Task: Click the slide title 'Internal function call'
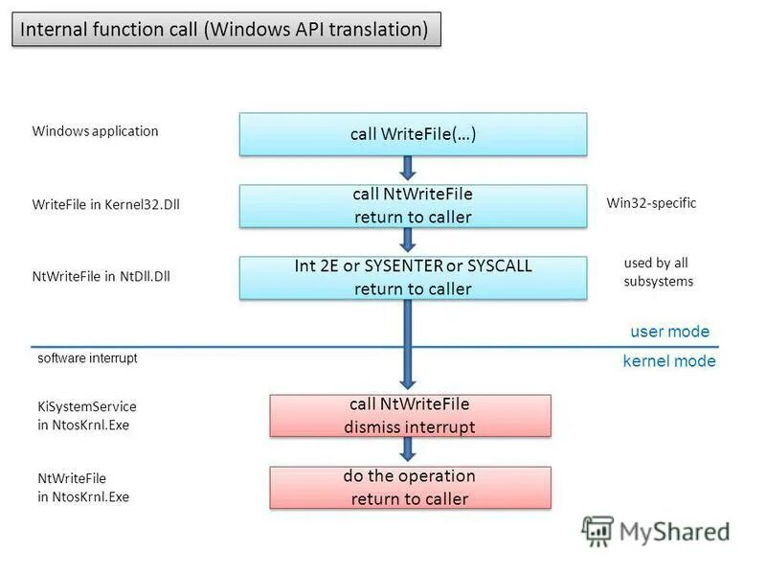(225, 30)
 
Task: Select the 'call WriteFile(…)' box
(413, 134)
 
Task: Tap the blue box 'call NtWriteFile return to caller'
(413, 206)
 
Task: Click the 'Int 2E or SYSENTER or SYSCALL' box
(413, 277)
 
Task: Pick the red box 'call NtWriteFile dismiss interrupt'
(410, 416)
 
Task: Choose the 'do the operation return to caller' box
(410, 487)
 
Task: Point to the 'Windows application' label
(95, 131)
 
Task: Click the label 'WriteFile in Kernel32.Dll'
(105, 204)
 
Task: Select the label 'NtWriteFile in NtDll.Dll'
(101, 277)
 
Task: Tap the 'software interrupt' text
(87, 357)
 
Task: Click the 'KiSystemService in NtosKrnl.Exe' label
(87, 416)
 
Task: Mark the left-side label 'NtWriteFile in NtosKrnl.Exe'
(84, 487)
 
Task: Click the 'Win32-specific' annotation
(651, 203)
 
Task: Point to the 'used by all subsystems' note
(658, 272)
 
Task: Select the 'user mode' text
(669, 332)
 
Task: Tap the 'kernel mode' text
(669, 361)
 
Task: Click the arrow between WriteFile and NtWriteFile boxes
(410, 170)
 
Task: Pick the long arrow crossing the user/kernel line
(410, 345)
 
